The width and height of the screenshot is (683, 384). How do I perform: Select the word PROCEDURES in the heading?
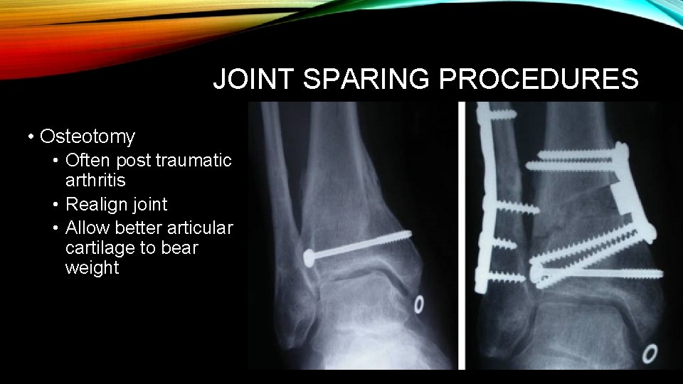[539, 80]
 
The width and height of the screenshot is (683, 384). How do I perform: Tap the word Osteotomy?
[88, 136]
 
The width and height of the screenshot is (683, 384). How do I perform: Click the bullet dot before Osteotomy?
[31, 136]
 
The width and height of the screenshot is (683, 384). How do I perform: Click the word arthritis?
[95, 181]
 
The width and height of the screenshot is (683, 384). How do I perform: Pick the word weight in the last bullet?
[92, 268]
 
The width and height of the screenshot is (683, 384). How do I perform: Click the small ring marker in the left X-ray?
[418, 304]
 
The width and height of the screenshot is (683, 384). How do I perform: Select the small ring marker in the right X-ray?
[650, 353]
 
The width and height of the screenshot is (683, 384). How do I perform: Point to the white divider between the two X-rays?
[462, 235]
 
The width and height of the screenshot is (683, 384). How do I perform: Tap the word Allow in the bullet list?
[87, 228]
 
